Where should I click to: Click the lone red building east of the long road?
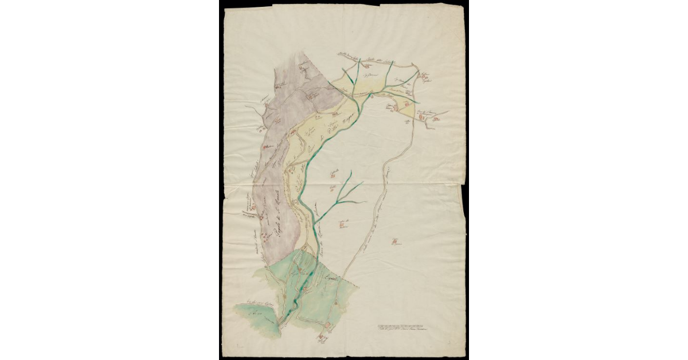coord(395,242)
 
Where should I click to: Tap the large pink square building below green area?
coord(327,328)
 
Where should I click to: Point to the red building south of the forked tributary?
coord(343,225)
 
